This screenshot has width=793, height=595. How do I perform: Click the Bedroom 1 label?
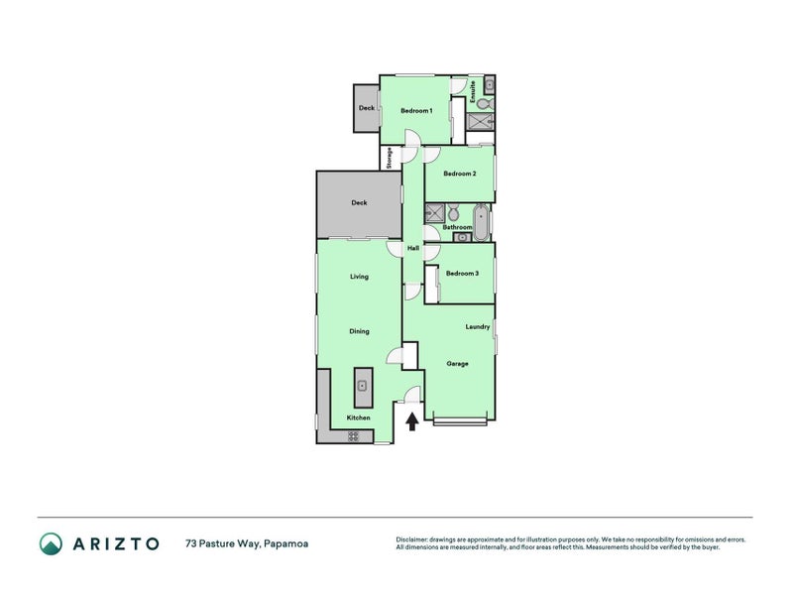pyautogui.click(x=416, y=111)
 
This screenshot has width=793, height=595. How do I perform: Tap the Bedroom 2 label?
pyautogui.click(x=460, y=174)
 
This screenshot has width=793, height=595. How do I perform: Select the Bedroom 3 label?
pyautogui.click(x=462, y=274)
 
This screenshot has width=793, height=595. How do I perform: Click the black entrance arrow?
pyautogui.click(x=412, y=421)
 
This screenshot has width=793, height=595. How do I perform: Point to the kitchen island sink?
pyautogui.click(x=362, y=386)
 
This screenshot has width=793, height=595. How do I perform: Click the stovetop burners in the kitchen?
pyautogui.click(x=353, y=435)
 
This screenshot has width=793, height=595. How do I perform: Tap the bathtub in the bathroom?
pyautogui.click(x=481, y=222)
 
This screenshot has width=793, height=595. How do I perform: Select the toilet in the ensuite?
pyautogui.click(x=485, y=104)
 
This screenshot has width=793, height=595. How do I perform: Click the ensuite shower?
pyautogui.click(x=480, y=121)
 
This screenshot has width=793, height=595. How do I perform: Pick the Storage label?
pyautogui.click(x=390, y=158)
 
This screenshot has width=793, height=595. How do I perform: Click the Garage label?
pyautogui.click(x=457, y=364)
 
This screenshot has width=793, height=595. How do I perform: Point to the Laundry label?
pyautogui.click(x=478, y=327)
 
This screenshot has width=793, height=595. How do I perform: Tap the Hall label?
pyautogui.click(x=413, y=249)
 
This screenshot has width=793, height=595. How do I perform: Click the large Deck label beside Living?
pyautogui.click(x=359, y=203)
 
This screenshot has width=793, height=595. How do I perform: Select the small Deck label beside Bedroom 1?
pyautogui.click(x=367, y=108)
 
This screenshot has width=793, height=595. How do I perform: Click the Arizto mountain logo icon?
pyautogui.click(x=52, y=543)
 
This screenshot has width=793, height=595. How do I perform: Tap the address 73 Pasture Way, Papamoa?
pyautogui.click(x=247, y=543)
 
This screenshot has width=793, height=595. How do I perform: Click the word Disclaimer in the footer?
pyautogui.click(x=411, y=539)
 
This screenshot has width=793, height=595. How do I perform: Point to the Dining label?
pyautogui.click(x=359, y=331)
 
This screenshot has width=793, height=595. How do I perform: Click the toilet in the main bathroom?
pyautogui.click(x=453, y=212)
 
